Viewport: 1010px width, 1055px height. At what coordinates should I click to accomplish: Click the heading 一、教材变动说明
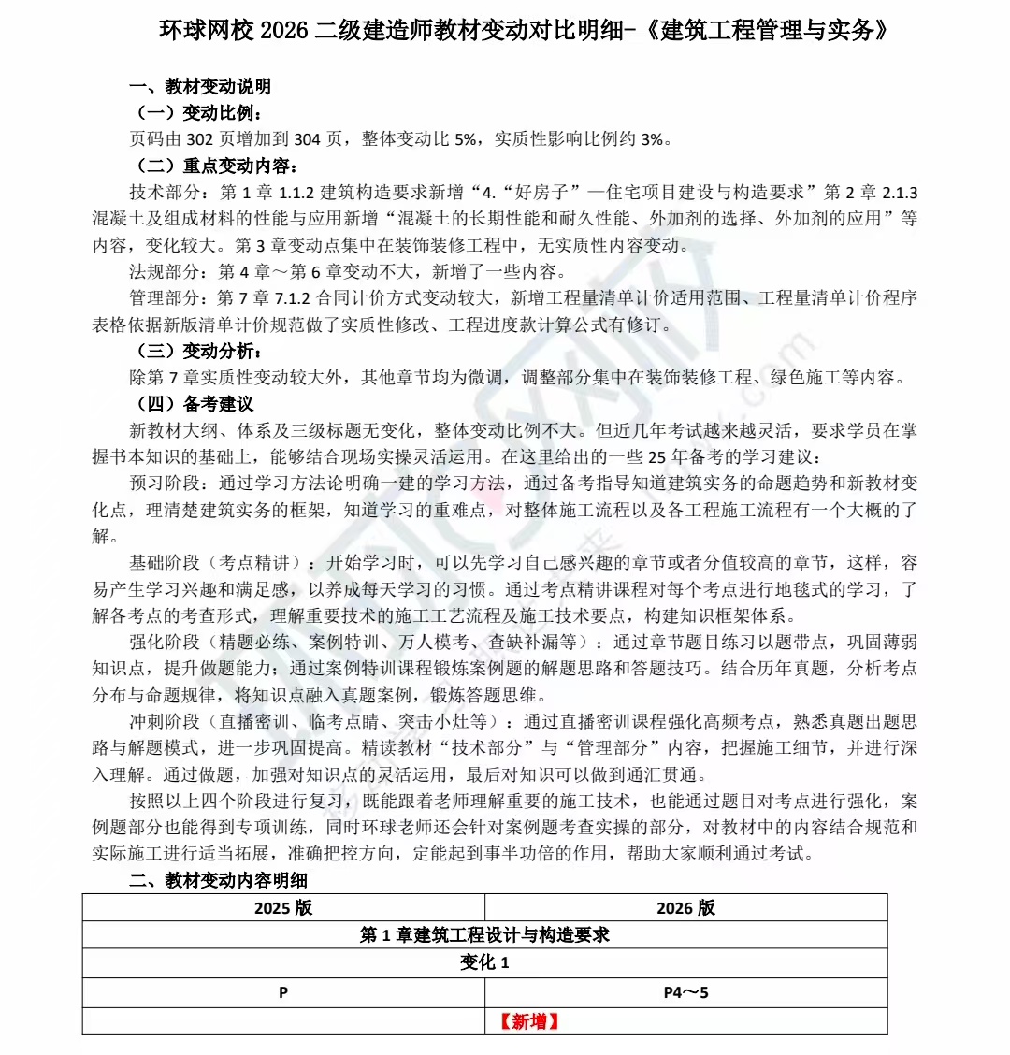tap(199, 86)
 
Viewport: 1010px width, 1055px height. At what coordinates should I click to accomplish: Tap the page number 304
tap(307, 139)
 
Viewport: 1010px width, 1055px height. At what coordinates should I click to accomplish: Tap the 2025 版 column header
tap(283, 908)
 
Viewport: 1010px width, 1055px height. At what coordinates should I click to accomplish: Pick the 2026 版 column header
tap(685, 908)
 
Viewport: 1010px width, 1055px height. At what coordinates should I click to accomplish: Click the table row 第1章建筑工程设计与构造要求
tap(484, 935)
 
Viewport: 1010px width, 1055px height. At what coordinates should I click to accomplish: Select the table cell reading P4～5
tap(685, 992)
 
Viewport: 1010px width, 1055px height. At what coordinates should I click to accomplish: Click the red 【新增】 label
tap(529, 1021)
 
